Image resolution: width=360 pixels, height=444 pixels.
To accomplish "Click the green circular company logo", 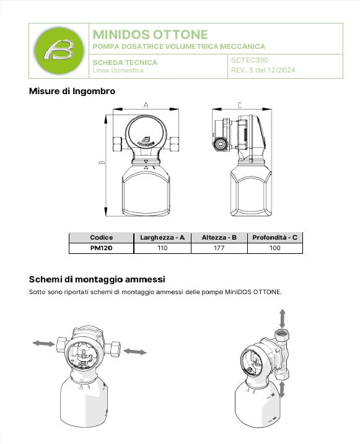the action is point(59,51).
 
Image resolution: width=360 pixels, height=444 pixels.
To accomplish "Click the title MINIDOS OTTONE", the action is point(150,35).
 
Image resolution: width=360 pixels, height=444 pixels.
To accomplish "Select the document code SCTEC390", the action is point(250,60).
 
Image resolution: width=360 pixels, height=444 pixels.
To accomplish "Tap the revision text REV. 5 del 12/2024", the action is point(263,70).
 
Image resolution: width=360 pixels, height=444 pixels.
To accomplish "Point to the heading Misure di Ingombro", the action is point(72,91).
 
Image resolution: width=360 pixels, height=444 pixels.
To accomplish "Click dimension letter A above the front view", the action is point(146,105).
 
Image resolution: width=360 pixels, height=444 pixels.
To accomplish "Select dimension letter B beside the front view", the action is point(102,162).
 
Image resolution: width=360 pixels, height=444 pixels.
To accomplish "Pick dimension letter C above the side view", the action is point(240,105).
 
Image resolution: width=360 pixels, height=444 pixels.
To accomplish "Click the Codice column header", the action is point(102,237).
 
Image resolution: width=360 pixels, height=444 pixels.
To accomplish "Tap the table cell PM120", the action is point(102,248).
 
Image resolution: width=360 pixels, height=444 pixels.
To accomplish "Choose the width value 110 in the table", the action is point(162,248).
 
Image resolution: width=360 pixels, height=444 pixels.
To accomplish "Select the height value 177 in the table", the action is point(219,248).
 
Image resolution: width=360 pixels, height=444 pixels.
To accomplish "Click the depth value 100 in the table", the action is point(274,248).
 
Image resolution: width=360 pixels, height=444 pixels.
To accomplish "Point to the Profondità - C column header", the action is point(274,237).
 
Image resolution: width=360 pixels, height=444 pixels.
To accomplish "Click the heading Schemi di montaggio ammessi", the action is point(97,279).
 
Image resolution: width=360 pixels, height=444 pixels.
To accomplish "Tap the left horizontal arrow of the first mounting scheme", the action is point(43,344).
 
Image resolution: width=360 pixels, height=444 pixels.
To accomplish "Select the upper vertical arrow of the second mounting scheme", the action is point(283,318).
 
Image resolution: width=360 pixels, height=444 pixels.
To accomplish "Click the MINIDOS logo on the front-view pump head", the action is point(146,141).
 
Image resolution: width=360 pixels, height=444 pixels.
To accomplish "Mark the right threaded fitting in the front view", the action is point(175,144).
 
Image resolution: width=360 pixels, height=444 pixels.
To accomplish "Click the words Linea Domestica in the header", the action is point(118,70).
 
